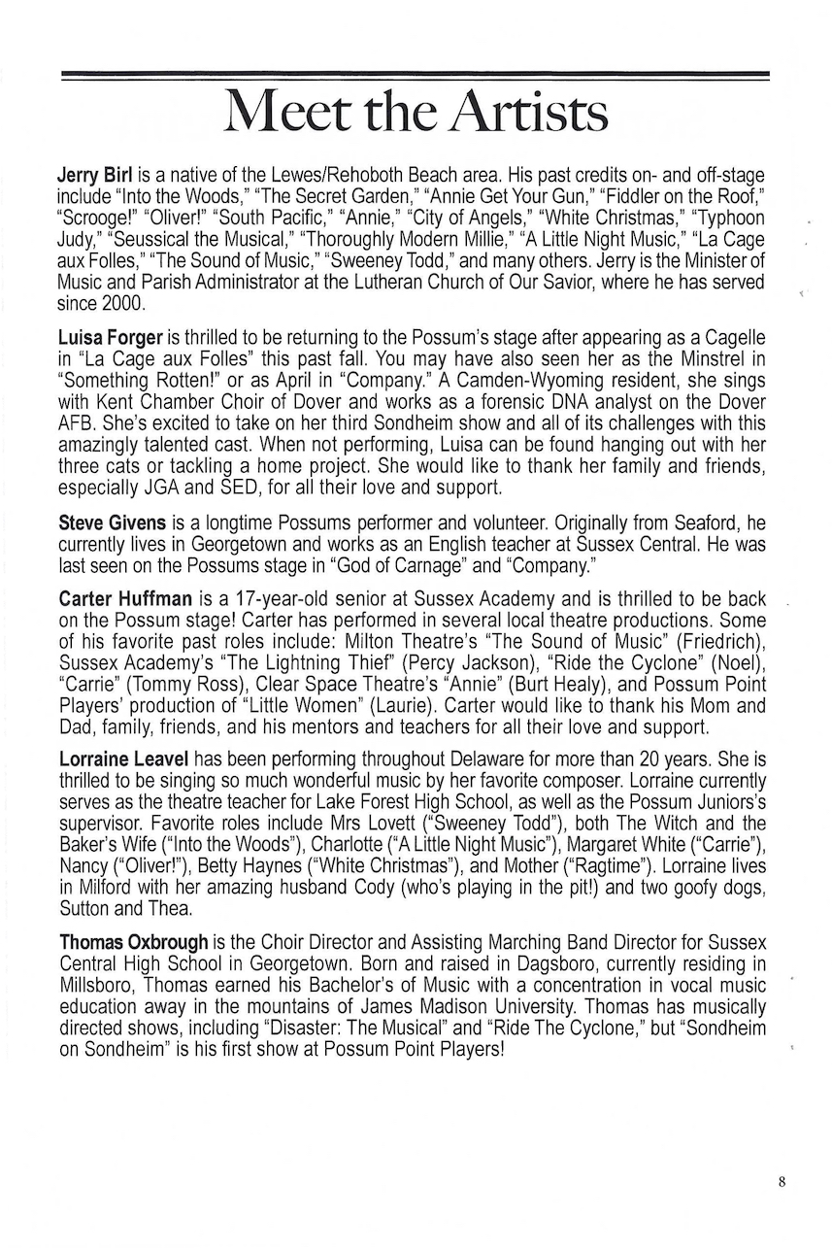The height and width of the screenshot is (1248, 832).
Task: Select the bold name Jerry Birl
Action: click(95, 176)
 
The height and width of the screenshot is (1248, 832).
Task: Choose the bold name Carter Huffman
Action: click(125, 599)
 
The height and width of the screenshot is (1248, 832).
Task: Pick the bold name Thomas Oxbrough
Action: click(134, 942)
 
